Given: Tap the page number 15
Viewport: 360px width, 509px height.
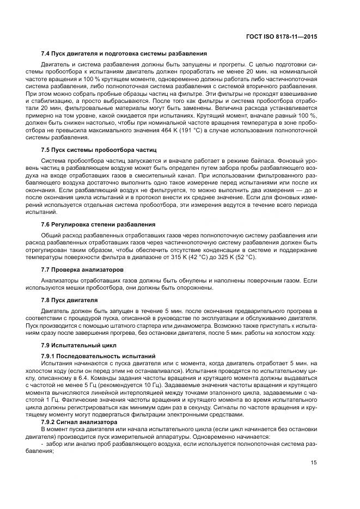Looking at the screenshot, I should [x=314, y=463].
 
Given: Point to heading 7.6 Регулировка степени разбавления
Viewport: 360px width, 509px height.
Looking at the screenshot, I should [x=99, y=224].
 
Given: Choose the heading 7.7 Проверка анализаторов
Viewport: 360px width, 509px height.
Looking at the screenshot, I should [x=82, y=269].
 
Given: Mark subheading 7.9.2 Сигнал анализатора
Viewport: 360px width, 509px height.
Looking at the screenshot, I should [x=80, y=421].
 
